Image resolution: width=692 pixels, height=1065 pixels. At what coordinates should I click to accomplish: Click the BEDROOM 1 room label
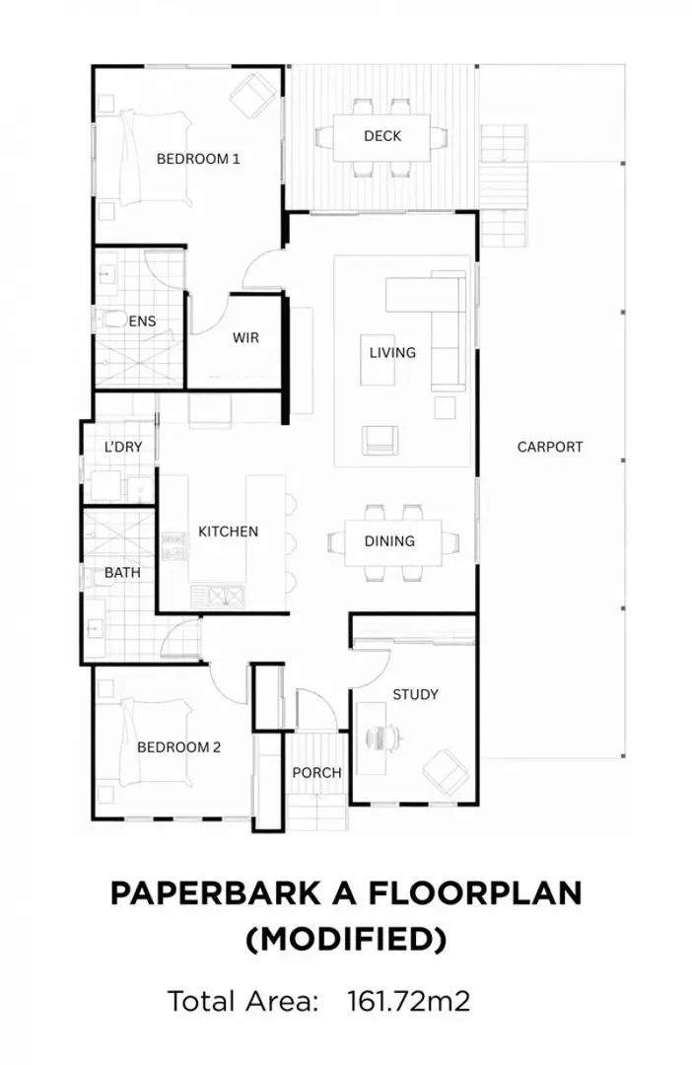[x=198, y=158]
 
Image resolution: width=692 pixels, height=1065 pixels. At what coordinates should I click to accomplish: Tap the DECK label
[x=382, y=136]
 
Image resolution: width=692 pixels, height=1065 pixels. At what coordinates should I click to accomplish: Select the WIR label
[x=245, y=338]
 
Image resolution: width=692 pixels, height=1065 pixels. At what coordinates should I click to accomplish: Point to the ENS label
[x=143, y=321]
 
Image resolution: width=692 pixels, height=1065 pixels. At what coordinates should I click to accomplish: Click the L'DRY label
[x=123, y=447]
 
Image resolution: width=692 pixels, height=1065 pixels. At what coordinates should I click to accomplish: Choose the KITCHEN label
[x=228, y=532]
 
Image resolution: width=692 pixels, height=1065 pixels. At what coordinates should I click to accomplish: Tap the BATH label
[x=122, y=572]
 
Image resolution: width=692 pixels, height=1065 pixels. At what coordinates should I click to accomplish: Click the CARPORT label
[x=550, y=447]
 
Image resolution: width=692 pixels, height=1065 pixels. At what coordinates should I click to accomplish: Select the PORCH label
[x=316, y=772]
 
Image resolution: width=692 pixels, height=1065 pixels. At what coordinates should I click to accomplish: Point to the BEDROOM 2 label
[x=178, y=746]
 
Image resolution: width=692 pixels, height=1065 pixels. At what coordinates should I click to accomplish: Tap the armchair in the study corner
[x=447, y=770]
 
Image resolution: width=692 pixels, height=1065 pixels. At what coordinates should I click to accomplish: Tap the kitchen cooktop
[x=173, y=548]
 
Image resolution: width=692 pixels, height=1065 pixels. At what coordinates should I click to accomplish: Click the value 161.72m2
[x=408, y=1001]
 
